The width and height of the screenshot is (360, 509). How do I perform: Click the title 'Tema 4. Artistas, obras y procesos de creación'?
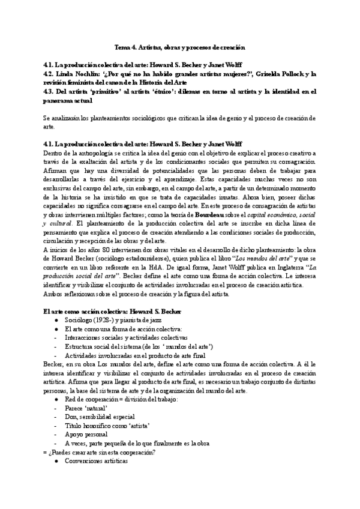tap(179, 47)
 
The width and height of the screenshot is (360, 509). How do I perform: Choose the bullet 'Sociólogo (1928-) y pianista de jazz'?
tap(107, 321)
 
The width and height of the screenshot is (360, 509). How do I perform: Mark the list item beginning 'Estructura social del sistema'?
tap(128, 346)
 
